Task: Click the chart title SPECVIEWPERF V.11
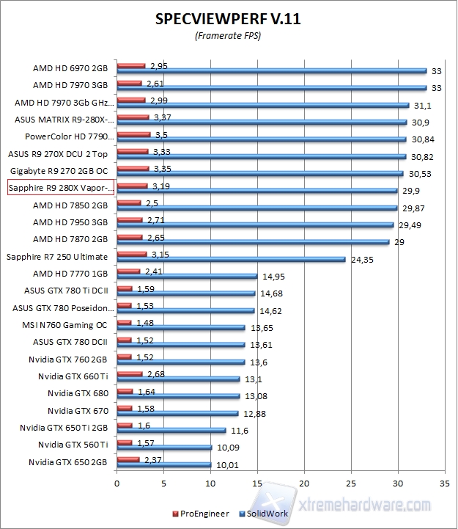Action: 228,20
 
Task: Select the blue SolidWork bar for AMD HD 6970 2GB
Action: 271,71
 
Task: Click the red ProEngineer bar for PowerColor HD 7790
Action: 133,134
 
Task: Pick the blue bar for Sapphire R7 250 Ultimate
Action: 231,259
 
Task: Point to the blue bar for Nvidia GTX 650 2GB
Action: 163,464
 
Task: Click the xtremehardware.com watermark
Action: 366,506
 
